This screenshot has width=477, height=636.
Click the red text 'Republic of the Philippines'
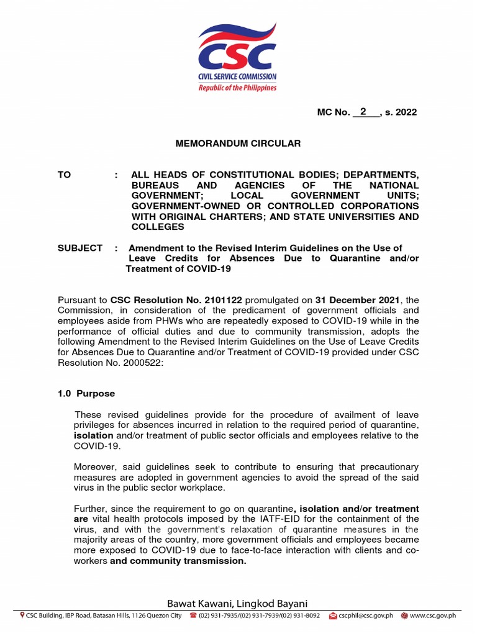coord(237,88)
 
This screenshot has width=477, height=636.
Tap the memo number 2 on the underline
coord(363,111)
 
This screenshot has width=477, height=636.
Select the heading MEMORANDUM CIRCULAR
coord(238,143)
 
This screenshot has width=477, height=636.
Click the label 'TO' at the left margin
coord(65,175)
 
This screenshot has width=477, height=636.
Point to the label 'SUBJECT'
coord(80,248)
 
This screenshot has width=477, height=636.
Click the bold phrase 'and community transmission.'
coord(178,561)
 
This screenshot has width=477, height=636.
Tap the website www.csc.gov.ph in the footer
coord(433,616)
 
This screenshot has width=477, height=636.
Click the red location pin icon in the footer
coord(22,616)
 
